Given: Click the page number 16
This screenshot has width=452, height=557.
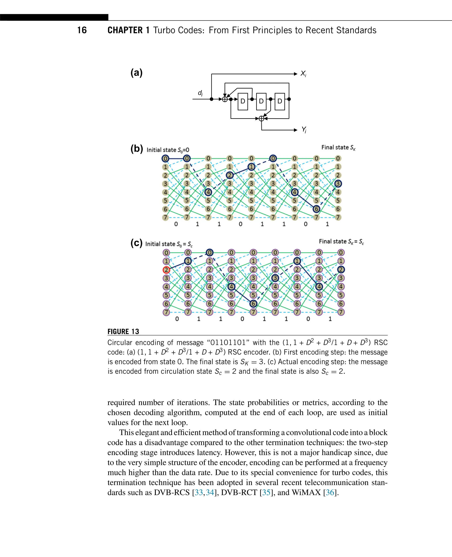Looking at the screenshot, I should (x=82, y=30).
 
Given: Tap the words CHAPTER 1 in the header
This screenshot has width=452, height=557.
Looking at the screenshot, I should (x=128, y=30).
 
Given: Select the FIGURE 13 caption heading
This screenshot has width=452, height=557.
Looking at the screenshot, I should (x=123, y=331).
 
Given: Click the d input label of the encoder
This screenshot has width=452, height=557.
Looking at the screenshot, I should (x=200, y=93).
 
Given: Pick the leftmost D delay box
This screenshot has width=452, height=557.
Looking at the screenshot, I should (x=243, y=101).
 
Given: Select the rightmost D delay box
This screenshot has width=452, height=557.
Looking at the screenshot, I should (x=280, y=101).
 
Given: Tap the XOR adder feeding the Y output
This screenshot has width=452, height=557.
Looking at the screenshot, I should (x=261, y=119).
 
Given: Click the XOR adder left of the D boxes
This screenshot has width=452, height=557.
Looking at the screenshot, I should (x=225, y=99).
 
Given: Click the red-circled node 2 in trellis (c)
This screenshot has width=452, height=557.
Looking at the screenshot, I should (x=166, y=270).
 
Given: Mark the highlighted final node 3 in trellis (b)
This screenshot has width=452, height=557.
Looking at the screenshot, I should (x=338, y=184).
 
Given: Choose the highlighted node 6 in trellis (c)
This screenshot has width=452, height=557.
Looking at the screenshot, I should (x=253, y=304).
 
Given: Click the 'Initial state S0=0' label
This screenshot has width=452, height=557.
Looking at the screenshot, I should (x=168, y=150).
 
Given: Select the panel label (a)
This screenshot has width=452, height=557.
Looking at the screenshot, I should (x=136, y=73).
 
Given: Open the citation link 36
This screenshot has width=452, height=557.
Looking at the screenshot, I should (x=330, y=492).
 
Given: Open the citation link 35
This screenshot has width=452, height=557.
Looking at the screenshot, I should (x=266, y=492).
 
